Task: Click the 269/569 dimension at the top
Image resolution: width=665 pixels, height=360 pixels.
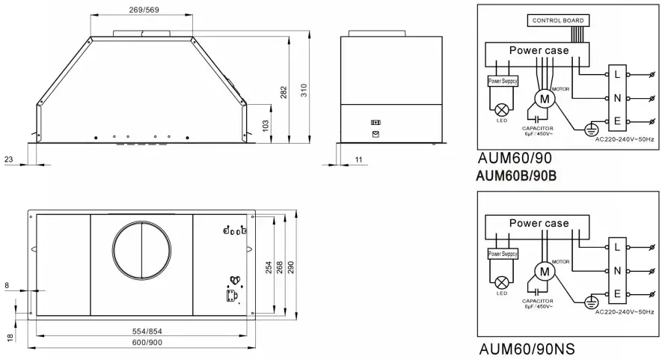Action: (142, 10)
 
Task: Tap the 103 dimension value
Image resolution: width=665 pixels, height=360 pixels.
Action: (266, 125)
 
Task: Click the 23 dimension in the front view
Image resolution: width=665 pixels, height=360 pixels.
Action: (8, 159)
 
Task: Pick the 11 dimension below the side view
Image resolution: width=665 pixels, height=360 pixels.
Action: (358, 159)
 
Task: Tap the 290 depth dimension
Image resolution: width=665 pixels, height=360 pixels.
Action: (291, 266)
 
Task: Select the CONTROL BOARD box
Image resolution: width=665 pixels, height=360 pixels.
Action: (557, 20)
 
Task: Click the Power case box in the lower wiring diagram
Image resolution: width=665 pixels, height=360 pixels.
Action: (539, 224)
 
